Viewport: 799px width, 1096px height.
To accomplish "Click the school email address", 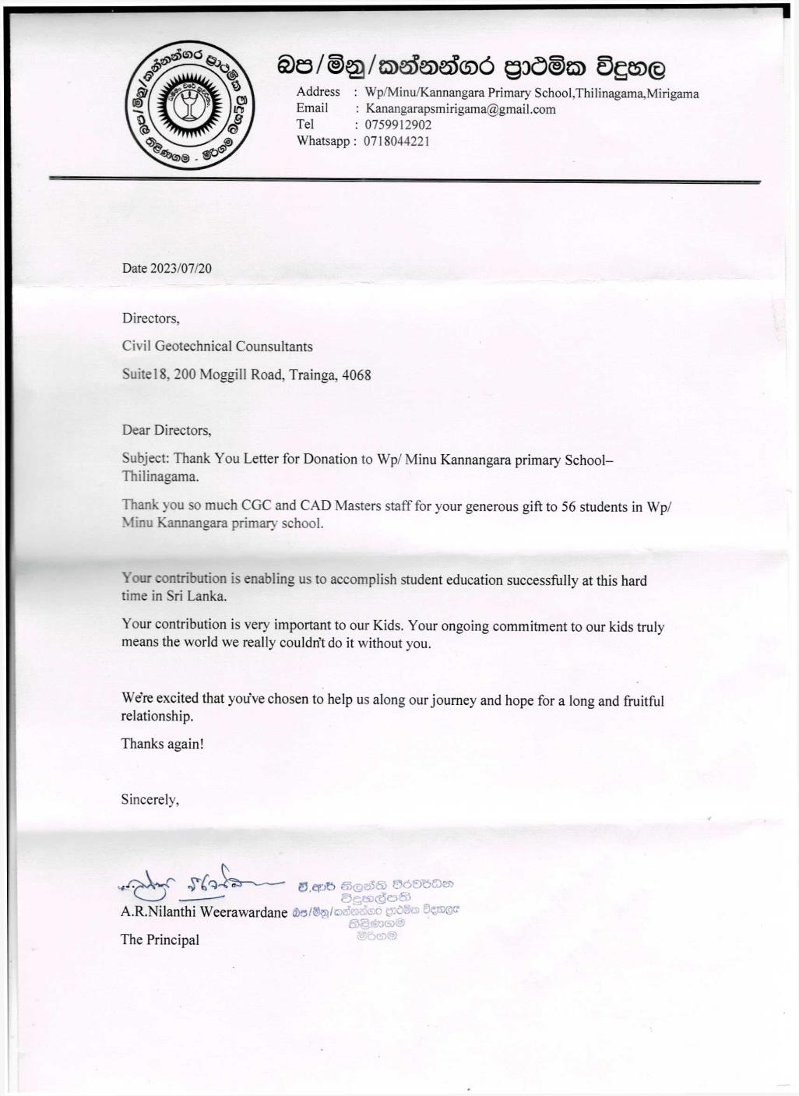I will (460, 109).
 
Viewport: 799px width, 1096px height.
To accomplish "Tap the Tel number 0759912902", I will (398, 125).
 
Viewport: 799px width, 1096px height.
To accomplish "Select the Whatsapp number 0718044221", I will (396, 141).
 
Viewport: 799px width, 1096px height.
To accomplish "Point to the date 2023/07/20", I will (181, 268).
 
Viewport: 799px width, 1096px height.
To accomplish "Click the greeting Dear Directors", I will (166, 430).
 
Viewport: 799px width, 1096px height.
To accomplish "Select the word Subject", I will (145, 459).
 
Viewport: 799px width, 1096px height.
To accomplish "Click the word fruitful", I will (643, 700).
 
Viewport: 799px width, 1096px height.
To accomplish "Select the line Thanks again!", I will (162, 743).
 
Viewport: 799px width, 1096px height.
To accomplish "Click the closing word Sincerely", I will (150, 799).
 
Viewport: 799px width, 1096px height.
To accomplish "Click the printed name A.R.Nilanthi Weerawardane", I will (204, 911).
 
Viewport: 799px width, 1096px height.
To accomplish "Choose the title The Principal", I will (160, 939).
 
